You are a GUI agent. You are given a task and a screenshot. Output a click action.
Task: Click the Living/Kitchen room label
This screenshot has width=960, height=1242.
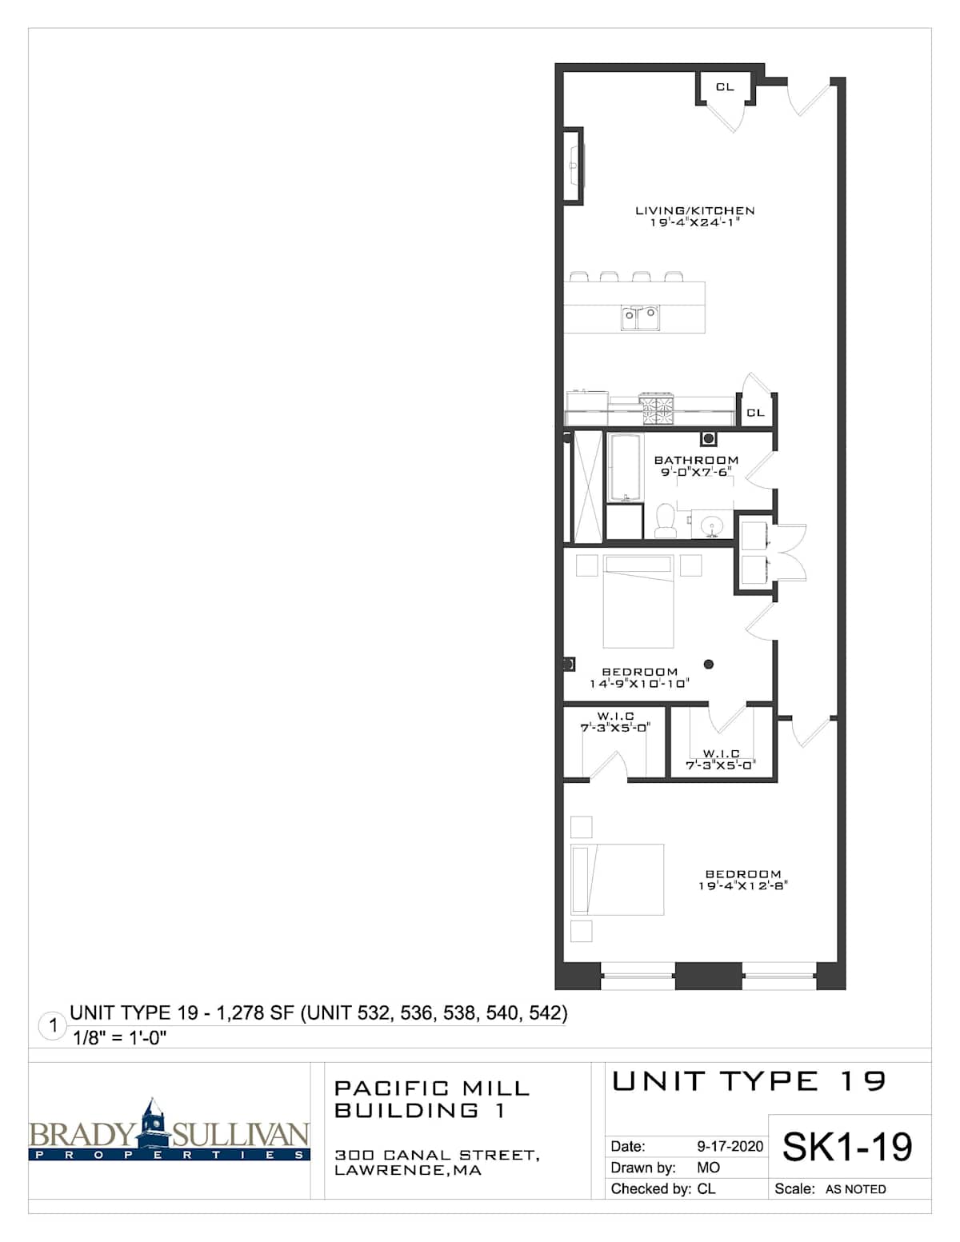pos(694,210)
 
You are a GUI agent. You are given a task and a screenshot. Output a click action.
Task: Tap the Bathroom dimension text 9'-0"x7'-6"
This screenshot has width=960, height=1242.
pos(696,472)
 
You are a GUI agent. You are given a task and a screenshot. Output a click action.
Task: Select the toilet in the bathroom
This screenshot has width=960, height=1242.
pos(665,520)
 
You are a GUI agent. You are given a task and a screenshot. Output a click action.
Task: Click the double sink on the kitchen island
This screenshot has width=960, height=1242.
pos(640,317)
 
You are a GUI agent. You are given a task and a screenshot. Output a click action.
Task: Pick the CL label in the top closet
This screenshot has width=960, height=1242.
pos(725,87)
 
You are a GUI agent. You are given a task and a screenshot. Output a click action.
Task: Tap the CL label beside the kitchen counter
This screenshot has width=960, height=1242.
pos(754,412)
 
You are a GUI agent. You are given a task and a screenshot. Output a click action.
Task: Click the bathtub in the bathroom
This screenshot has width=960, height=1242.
pos(625,468)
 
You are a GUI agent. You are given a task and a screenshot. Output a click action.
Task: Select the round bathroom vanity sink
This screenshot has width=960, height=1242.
pos(713,525)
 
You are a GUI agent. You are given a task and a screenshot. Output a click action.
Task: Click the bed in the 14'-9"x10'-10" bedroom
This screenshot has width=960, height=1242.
pos(638,601)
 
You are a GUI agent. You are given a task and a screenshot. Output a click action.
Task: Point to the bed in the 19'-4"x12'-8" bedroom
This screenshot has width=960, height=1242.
pos(617,880)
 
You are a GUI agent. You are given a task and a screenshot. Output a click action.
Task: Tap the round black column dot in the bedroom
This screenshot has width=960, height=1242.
pos(709,664)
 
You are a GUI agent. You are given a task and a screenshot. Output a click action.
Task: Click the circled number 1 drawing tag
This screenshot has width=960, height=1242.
pos(53,1025)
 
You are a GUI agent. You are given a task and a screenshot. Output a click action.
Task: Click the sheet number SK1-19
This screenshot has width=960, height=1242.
pos(847,1147)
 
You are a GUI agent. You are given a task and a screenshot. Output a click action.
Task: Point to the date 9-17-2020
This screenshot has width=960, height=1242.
pos(730,1146)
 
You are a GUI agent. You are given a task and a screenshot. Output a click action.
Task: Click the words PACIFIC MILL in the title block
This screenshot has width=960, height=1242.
pos(432,1088)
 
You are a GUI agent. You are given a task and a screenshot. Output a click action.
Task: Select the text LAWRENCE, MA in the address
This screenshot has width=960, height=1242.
pos(408,1170)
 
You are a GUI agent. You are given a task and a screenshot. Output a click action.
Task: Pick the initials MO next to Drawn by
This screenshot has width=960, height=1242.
pos(709,1168)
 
